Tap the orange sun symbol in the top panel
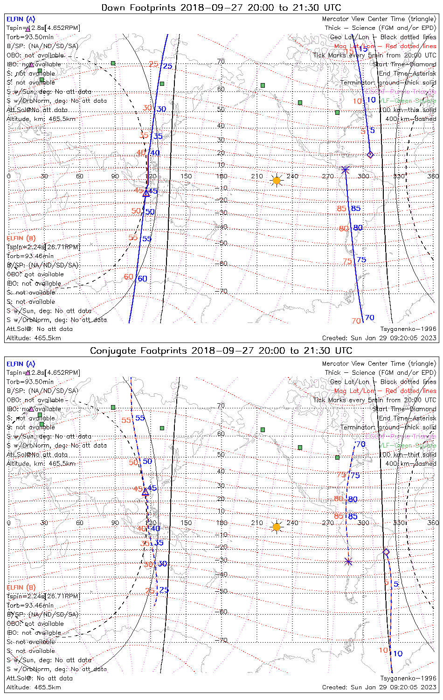click(x=277, y=180)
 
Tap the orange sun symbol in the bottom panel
click(x=277, y=527)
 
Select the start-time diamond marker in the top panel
click(x=370, y=154)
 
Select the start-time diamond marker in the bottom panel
click(x=386, y=552)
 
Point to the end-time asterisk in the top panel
click(x=345, y=170)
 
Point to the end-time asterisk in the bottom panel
click(x=348, y=561)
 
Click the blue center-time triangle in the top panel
click(x=146, y=193)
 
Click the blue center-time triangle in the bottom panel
click(x=145, y=492)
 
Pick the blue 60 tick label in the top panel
click(x=142, y=279)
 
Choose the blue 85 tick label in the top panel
click(x=356, y=209)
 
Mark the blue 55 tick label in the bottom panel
click(x=140, y=419)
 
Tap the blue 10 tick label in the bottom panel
click(x=397, y=654)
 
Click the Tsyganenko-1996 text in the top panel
click(x=408, y=329)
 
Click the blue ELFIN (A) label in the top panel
click(x=21, y=19)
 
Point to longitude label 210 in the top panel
click(x=257, y=176)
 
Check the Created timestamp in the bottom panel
click(x=379, y=687)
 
